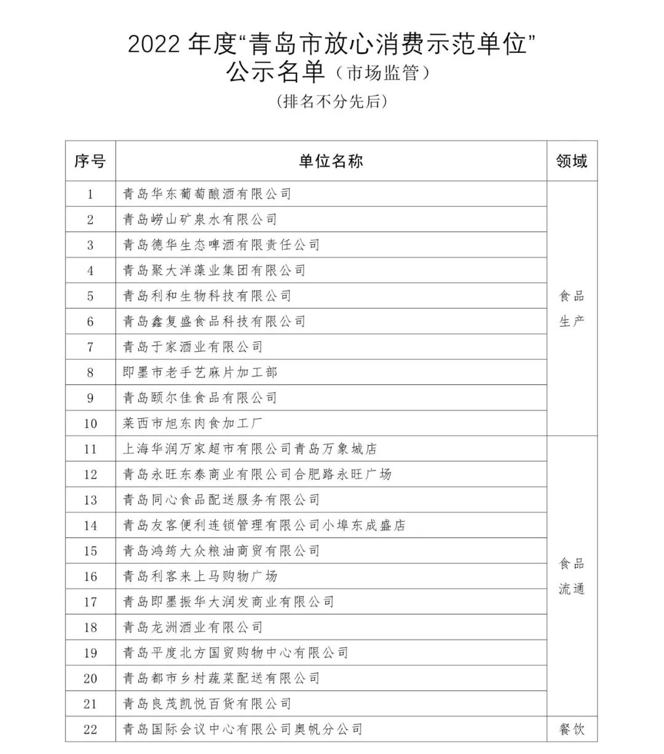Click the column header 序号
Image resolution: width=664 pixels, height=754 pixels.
point(90,161)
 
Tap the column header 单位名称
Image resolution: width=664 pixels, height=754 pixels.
point(331,161)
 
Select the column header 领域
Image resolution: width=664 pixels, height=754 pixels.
point(572,161)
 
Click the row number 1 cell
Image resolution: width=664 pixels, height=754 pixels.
point(90,194)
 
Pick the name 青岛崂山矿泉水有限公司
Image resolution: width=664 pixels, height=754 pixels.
point(200,220)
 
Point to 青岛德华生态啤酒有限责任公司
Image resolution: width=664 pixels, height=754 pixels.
point(221,245)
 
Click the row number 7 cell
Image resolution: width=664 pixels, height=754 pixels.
point(90,347)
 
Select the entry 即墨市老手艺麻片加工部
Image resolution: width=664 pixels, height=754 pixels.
point(200,372)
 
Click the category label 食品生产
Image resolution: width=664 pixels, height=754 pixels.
point(572,309)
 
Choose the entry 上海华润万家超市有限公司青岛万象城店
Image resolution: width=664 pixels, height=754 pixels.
point(250,449)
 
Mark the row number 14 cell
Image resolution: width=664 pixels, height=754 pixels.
point(90,525)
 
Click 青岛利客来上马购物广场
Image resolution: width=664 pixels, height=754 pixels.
point(200,576)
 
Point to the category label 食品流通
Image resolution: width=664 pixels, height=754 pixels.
point(572,576)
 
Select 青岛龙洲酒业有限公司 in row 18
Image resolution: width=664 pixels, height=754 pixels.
point(192,627)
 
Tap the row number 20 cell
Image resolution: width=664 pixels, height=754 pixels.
point(90,678)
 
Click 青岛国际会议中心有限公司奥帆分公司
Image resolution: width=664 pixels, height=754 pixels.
point(242,729)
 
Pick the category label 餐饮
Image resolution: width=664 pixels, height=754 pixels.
point(572,729)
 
